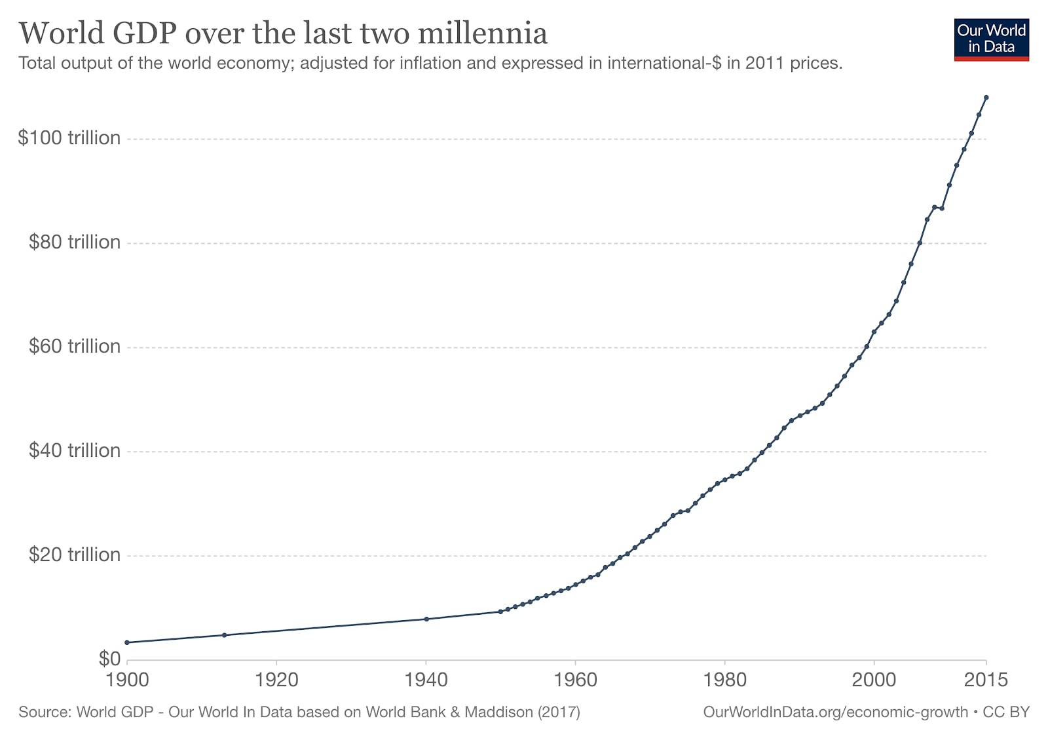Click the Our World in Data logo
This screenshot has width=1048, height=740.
[991, 39]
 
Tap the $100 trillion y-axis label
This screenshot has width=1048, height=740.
[69, 138]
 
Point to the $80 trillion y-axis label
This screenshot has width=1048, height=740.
[75, 242]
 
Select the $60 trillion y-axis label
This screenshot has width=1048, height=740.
[75, 346]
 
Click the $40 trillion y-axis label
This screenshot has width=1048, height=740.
[75, 450]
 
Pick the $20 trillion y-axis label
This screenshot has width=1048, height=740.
[75, 555]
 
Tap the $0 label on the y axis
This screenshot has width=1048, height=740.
[109, 658]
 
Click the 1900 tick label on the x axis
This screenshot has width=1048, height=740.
[127, 680]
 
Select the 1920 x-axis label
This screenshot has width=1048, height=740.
[276, 680]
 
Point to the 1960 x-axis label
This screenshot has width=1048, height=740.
[575, 680]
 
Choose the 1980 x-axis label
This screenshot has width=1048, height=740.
[724, 680]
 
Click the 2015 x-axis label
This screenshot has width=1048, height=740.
[986, 680]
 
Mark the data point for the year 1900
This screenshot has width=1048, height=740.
[127, 642]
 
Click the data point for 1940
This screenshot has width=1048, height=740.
[426, 619]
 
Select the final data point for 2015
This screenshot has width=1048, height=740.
[986, 98]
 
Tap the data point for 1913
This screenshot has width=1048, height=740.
[224, 635]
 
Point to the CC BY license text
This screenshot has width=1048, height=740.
[1006, 712]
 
